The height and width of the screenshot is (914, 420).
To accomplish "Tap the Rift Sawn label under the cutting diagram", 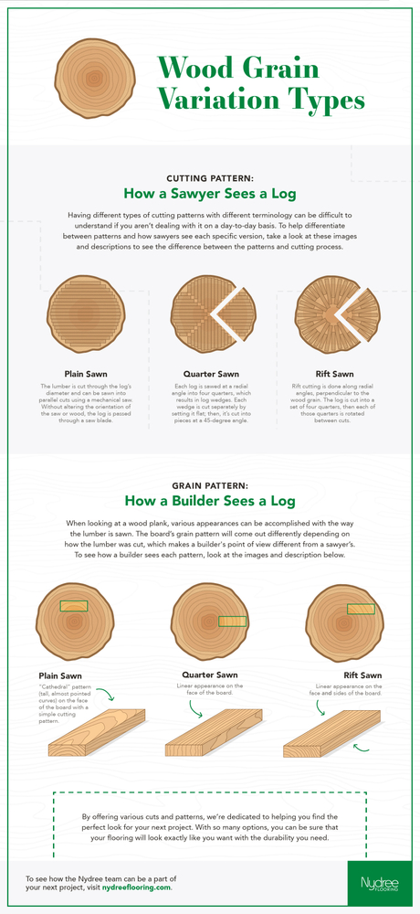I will point(337,373).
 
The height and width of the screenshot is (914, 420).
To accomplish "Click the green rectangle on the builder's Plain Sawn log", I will point(73,605).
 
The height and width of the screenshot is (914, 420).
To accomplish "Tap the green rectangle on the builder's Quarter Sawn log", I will point(233,621).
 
